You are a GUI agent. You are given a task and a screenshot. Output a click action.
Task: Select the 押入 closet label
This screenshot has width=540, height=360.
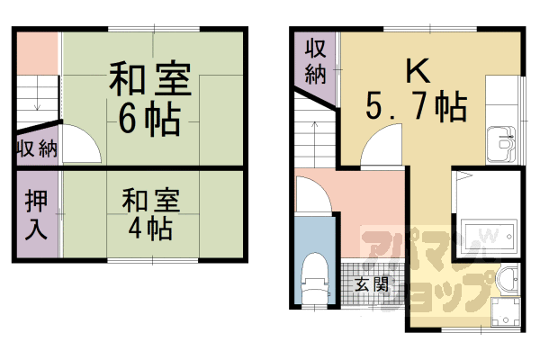tap(36, 213)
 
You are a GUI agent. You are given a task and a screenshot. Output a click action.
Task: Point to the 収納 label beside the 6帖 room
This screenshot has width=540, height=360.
tap(35, 148)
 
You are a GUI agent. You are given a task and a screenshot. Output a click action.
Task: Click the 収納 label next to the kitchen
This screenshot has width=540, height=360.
tap(314, 61)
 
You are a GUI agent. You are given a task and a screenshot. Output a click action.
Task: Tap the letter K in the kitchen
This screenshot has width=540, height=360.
tap(415, 71)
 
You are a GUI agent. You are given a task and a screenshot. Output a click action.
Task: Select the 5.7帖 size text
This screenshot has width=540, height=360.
tap(415, 109)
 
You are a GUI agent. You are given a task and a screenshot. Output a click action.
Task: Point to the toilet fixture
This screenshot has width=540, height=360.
tap(315, 278)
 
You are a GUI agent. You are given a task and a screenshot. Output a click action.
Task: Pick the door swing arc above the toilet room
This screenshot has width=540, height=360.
tap(314, 193)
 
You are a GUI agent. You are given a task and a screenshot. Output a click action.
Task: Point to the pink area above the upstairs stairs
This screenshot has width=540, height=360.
tap(36, 53)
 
